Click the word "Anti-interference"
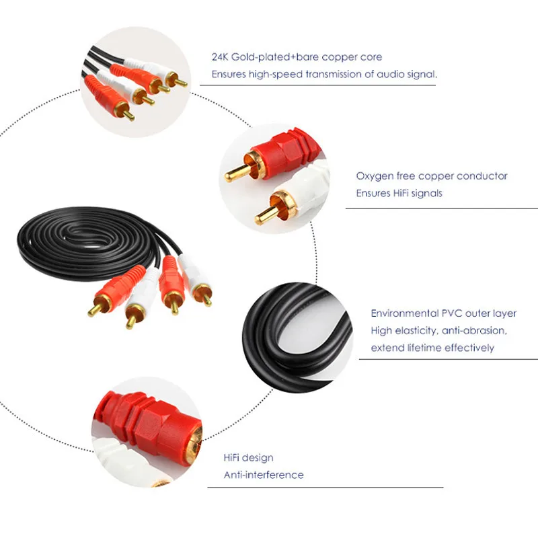click(264, 475)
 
